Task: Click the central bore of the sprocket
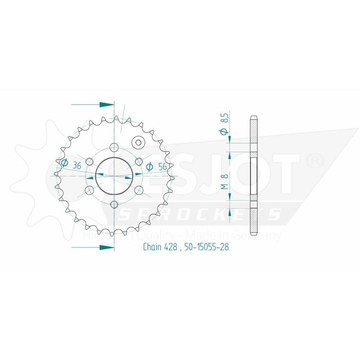pos(114,175)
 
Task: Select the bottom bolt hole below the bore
pos(114,204)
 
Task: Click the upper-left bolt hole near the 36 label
pos(89,161)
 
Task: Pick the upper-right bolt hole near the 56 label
pos(138,161)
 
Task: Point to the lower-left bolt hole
pos(89,190)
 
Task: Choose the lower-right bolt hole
pos(138,190)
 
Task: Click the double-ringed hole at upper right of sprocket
pos(138,142)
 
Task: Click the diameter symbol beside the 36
pos(65,164)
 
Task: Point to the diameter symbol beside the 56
pos(150,166)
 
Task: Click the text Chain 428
pos(160,247)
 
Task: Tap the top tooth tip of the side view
pos(254,115)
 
